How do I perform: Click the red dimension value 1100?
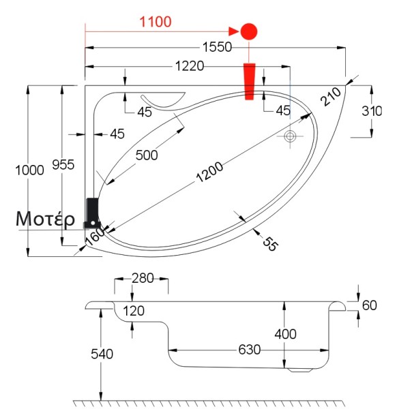pyautogui.click(x=156, y=22)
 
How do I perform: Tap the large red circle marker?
pyautogui.click(x=249, y=31)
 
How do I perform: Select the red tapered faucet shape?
pyautogui.click(x=249, y=81)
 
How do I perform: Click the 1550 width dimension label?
pyautogui.click(x=217, y=47)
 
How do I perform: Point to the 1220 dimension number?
pyautogui.click(x=190, y=66)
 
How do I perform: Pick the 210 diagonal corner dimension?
pyautogui.click(x=331, y=97)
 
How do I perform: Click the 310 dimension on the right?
pyautogui.click(x=372, y=111)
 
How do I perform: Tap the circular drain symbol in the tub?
pyautogui.click(x=290, y=136)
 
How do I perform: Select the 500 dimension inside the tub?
pyautogui.click(x=147, y=155)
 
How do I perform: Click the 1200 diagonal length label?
pyautogui.click(x=209, y=172)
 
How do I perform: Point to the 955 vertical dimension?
pyautogui.click(x=63, y=165)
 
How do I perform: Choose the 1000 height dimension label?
pyautogui.click(x=29, y=170)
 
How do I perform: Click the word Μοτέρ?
pyautogui.click(x=45, y=219)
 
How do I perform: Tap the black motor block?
pyautogui.click(x=93, y=213)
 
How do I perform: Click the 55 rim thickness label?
pyautogui.click(x=270, y=244)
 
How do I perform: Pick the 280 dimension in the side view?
pyautogui.click(x=143, y=278)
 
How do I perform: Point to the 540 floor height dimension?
pyautogui.click(x=102, y=354)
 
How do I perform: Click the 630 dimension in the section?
pyautogui.click(x=250, y=350)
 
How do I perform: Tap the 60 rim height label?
pyautogui.click(x=370, y=305)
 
